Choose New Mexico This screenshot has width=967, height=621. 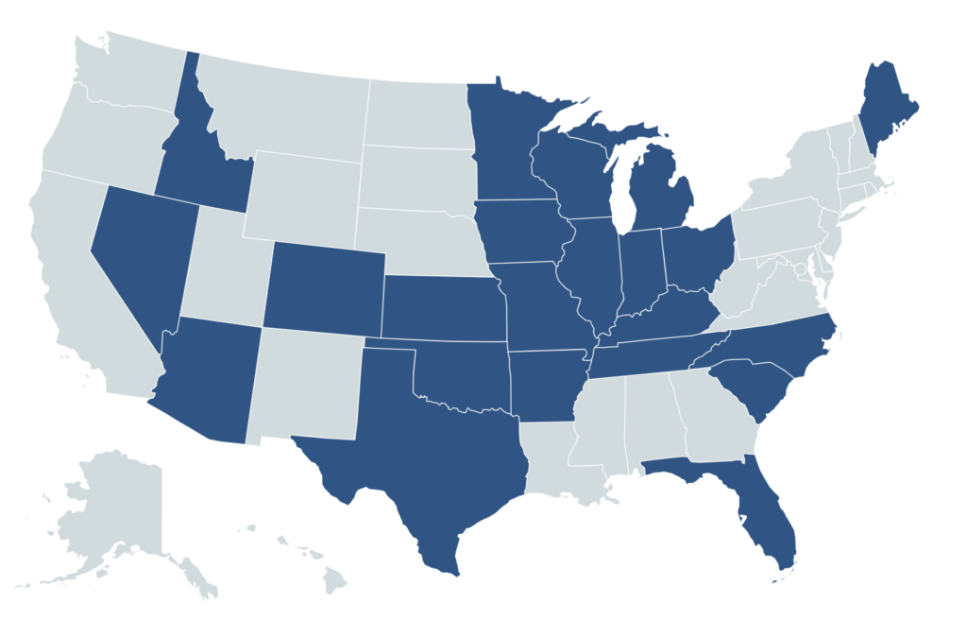[307, 383]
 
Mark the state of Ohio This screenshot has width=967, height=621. [699, 255]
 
